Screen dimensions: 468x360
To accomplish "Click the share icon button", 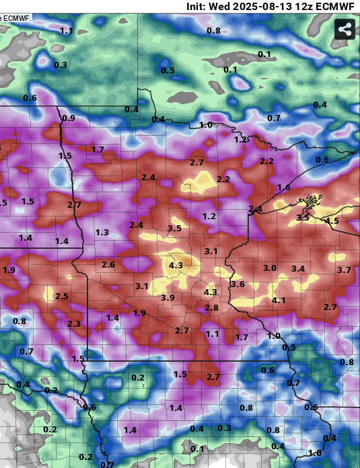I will tap(345, 30).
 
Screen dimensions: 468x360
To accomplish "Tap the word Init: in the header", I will tap(200, 6).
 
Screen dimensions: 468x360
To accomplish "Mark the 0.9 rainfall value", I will tap(69, 118).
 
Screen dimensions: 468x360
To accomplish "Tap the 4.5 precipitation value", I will tap(332, 221).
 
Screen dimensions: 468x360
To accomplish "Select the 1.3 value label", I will tap(102, 233).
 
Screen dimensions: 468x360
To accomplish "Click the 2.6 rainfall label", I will tap(108, 265).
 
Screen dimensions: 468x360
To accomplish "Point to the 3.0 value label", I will tap(270, 268).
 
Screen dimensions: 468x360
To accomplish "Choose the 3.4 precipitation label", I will tap(298, 269).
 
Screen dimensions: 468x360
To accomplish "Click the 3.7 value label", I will tap(344, 270).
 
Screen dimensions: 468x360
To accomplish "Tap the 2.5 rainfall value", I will tap(62, 297).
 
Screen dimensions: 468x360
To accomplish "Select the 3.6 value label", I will tap(238, 284).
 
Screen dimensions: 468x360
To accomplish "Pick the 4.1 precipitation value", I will tap(279, 301).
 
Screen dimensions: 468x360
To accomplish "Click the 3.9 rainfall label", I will tap(168, 298).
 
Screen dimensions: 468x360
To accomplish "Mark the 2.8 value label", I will tap(212, 308).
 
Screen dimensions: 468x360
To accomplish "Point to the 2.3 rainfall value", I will tap(74, 324).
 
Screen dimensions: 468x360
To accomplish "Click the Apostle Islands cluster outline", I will tap(310, 199).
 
